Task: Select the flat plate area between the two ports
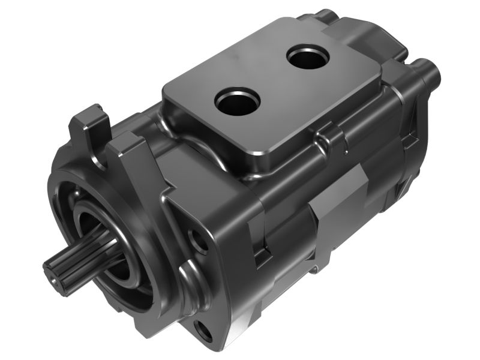coord(273,81)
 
